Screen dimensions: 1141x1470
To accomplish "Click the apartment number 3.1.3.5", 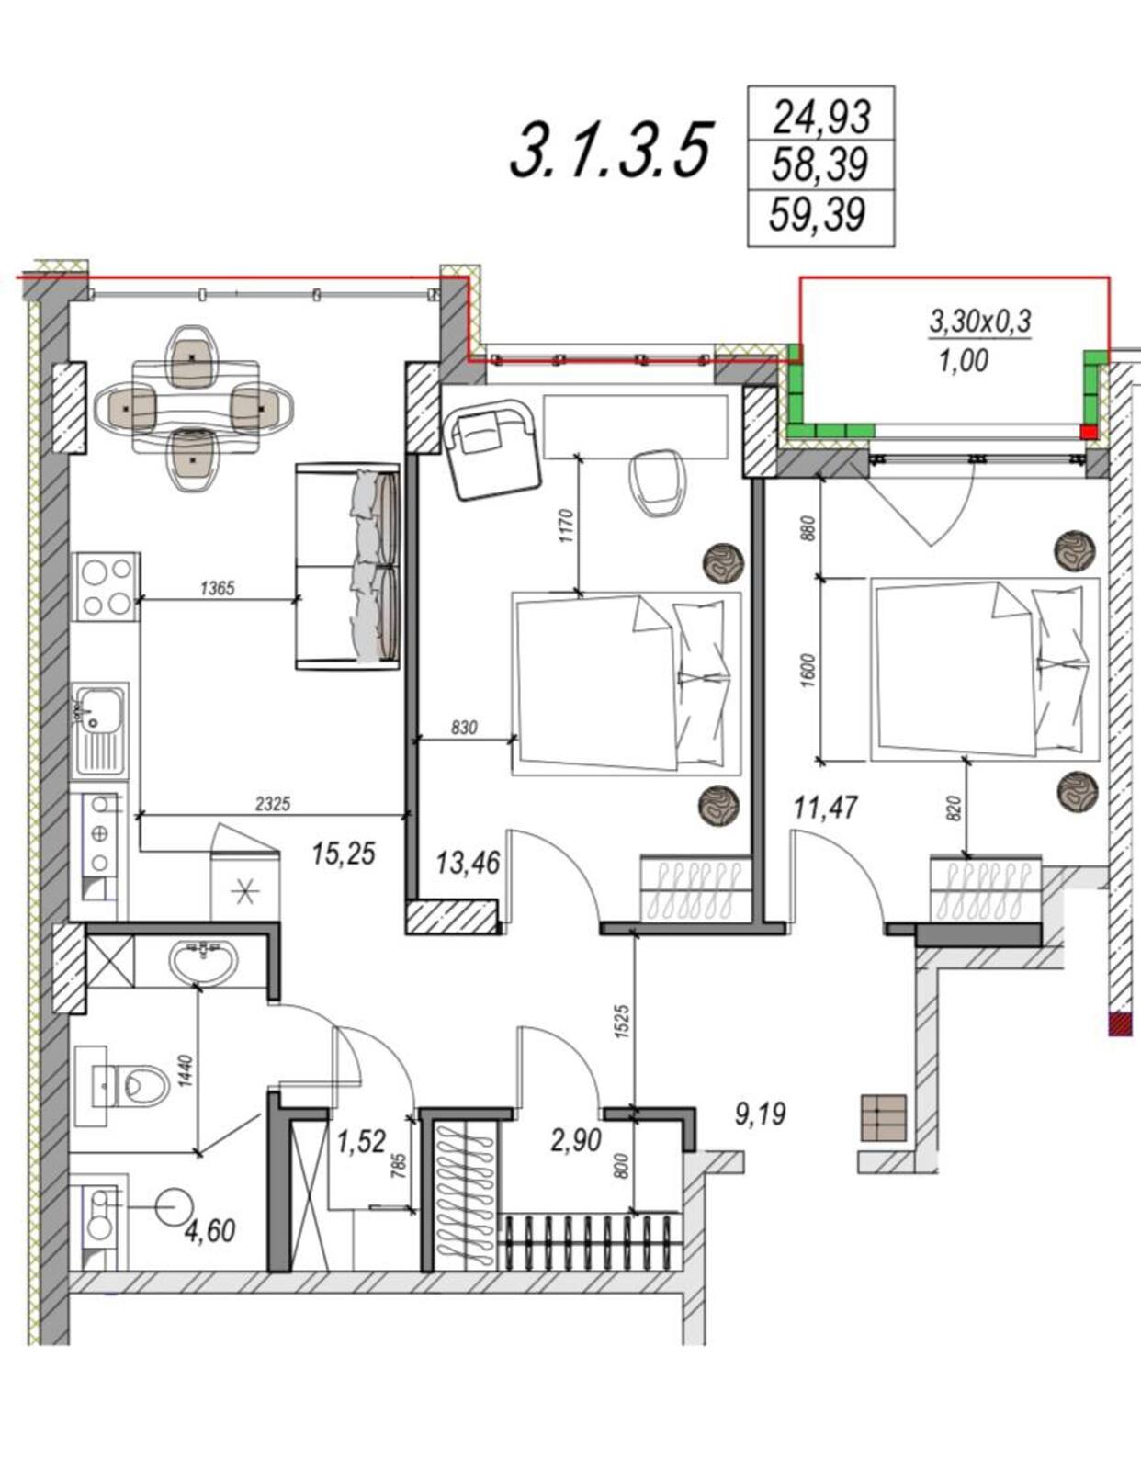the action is [x=611, y=151].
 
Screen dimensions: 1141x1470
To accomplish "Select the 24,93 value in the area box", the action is [x=821, y=117].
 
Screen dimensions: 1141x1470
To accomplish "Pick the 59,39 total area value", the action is [x=819, y=214].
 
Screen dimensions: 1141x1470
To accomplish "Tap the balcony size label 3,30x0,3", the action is [x=980, y=322].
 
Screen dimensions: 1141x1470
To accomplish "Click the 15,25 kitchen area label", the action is [x=344, y=854].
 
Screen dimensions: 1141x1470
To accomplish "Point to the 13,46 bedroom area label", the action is [x=468, y=863].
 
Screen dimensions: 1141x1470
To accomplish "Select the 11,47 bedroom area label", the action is [x=826, y=807].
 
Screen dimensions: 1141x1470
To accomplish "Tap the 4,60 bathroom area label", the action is [x=211, y=1230].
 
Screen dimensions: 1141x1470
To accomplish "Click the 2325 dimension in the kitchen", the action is [x=273, y=804].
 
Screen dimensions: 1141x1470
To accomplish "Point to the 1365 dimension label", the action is [x=218, y=589].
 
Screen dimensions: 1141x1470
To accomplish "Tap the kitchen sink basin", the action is [x=100, y=709].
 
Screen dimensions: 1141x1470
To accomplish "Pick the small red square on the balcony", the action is [x=1088, y=433].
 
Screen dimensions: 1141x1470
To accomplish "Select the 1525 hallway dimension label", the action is [x=623, y=1023].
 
